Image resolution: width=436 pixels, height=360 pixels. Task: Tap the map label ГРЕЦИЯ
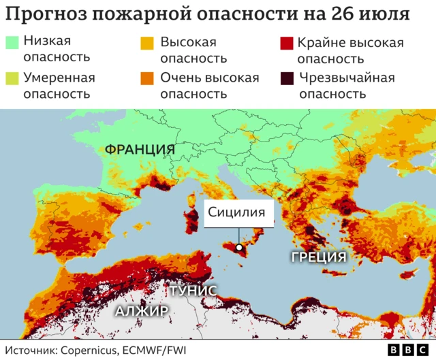(x=319, y=257)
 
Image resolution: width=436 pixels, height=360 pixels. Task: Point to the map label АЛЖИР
(x=141, y=312)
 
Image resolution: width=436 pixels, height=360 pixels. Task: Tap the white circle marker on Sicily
(x=240, y=248)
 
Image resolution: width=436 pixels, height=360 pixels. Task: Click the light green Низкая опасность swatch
(x=13, y=43)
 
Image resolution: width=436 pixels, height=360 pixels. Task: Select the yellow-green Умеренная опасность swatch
(x=13, y=78)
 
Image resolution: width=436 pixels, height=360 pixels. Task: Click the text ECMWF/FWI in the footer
(x=155, y=350)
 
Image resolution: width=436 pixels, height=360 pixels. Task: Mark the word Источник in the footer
(x=31, y=350)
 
